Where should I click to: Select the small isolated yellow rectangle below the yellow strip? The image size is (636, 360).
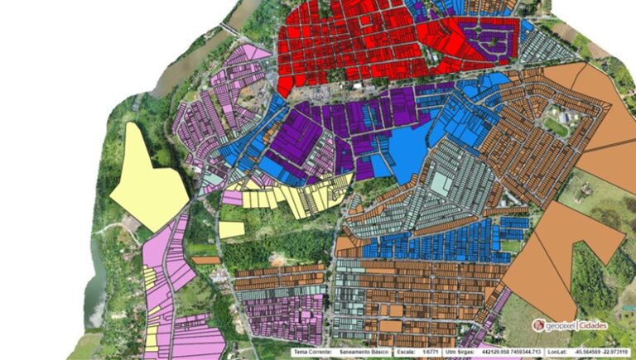click(x=232, y=229)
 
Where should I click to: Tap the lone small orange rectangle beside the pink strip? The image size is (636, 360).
click(x=206, y=260)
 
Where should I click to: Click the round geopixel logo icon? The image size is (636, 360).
click(x=538, y=325)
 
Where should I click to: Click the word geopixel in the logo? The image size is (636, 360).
click(x=561, y=325)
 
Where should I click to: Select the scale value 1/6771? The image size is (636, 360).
click(x=431, y=352)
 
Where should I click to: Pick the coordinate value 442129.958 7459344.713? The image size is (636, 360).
click(x=518, y=352)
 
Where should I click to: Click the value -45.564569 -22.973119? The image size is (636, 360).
click(x=609, y=352)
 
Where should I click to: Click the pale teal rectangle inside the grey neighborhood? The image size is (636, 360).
click(x=441, y=183)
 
